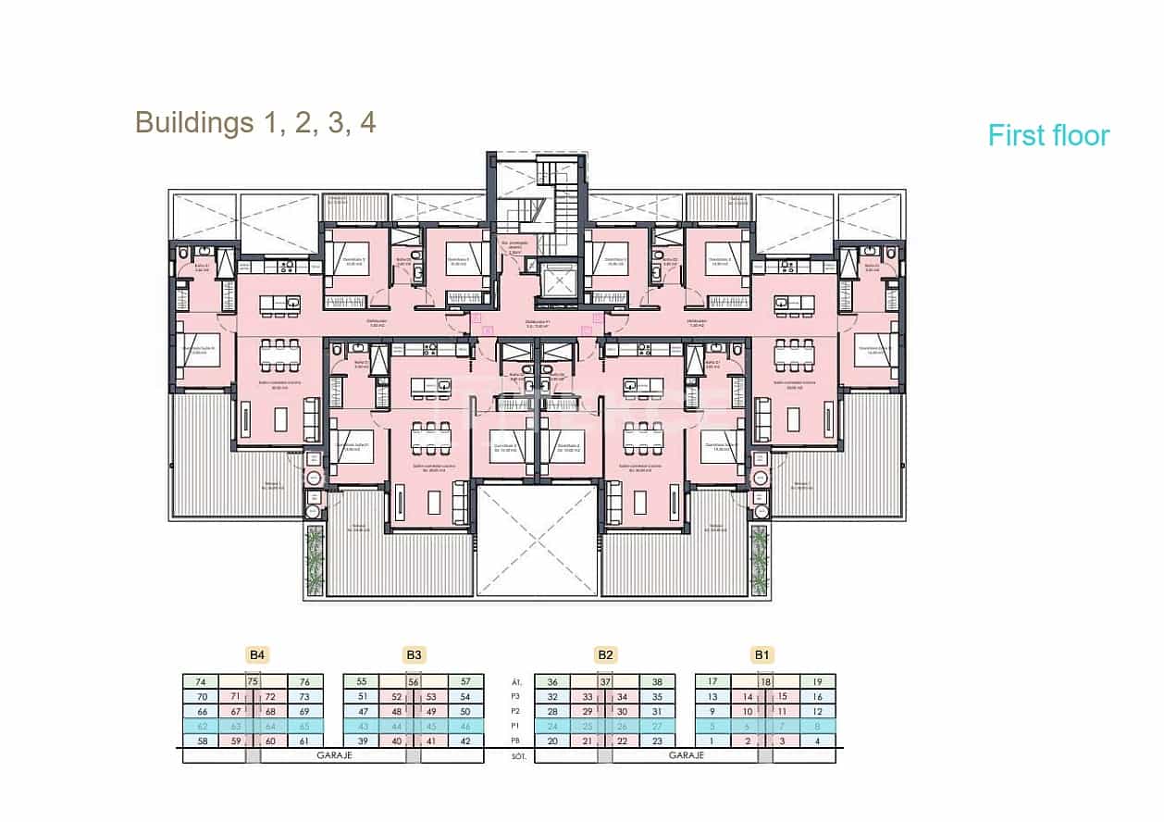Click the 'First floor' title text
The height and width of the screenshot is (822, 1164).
tap(1048, 135)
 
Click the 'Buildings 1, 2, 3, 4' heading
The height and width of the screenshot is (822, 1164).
tap(255, 122)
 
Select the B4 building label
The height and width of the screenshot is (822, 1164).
tap(257, 655)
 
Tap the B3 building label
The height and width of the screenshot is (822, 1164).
tap(414, 655)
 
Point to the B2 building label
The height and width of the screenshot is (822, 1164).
tap(605, 655)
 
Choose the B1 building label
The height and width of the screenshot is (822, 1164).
tap(762, 655)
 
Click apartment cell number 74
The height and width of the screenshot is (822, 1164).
tap(201, 681)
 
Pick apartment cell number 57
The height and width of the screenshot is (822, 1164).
tap(465, 681)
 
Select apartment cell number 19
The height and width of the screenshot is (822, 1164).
tap(817, 681)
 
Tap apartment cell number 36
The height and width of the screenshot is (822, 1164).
tap(552, 681)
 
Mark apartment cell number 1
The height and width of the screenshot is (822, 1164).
tap(712, 741)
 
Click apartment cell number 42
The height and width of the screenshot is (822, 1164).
tap(465, 741)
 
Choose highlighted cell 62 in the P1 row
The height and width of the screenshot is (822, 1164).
tap(201, 727)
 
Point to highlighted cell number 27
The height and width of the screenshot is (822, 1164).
tap(657, 727)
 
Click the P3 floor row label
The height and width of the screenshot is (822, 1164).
tap(517, 697)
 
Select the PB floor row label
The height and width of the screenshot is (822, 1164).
tap(517, 741)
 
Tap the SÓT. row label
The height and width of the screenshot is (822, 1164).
tap(518, 756)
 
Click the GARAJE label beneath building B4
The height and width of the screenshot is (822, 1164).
tap(334, 755)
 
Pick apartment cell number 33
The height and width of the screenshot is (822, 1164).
tap(587, 697)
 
